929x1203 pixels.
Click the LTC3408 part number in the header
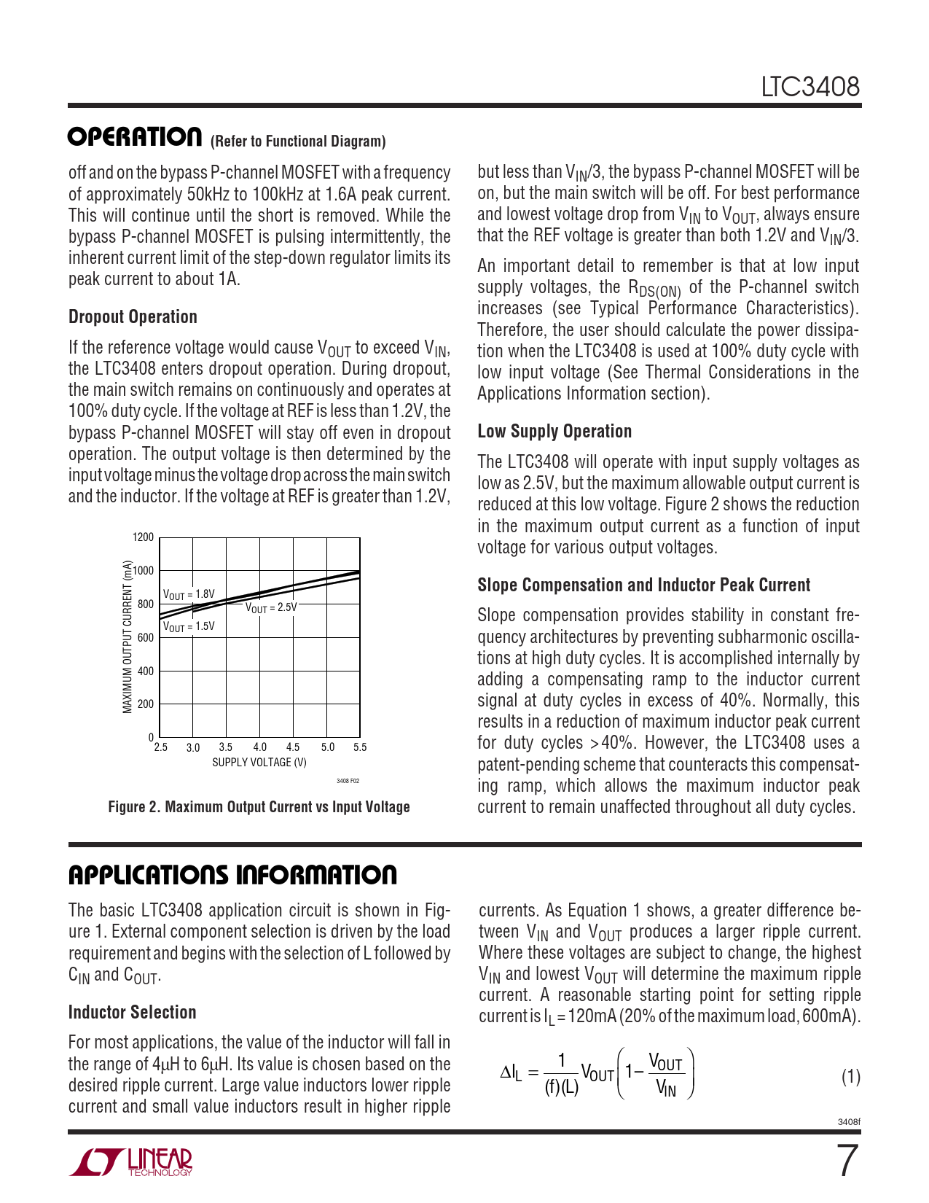[810, 87]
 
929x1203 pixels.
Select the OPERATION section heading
[135, 137]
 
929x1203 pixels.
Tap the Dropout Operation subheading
[133, 317]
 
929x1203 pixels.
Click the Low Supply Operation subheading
[554, 432]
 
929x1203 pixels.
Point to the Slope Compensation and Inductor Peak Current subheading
[643, 585]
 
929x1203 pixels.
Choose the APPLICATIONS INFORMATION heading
[232, 875]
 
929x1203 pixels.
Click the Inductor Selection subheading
[132, 1013]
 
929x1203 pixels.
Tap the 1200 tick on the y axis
[144, 537]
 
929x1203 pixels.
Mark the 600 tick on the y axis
[146, 638]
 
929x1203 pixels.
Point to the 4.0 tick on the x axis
[260, 747]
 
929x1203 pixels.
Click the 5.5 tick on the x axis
[360, 747]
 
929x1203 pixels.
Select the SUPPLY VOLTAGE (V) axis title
[259, 763]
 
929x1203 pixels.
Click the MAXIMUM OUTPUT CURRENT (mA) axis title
[128, 636]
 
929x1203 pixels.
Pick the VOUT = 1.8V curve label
[189, 595]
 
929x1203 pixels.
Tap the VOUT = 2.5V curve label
[271, 607]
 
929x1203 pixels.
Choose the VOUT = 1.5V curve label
[189, 626]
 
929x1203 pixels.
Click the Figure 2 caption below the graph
[259, 807]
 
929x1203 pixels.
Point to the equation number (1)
[851, 1077]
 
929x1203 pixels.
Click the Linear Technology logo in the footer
[131, 1162]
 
